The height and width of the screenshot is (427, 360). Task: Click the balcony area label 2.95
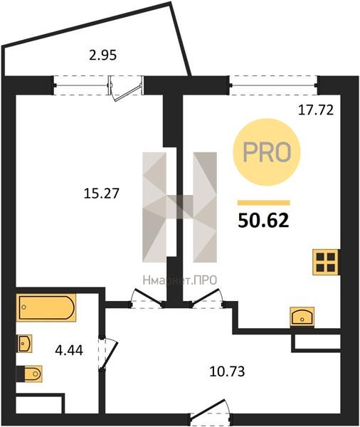tap(103, 56)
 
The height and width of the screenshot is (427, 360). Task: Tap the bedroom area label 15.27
tap(102, 194)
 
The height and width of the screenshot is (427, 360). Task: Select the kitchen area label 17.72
tap(316, 110)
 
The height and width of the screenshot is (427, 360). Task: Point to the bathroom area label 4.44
tap(69, 350)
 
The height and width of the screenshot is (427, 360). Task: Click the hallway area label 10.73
tap(227, 371)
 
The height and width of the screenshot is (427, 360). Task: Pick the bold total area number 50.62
tap(263, 221)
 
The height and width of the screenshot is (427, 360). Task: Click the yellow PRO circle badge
tap(266, 152)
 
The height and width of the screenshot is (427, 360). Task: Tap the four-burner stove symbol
tap(326, 262)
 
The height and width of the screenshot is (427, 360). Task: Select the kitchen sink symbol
tap(302, 316)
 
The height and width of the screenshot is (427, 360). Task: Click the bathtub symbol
tap(46, 307)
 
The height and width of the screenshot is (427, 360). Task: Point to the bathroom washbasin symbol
tap(24, 344)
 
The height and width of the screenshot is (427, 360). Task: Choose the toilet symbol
tap(29, 374)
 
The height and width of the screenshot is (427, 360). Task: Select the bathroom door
tap(107, 353)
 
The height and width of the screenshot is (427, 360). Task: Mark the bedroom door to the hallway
tap(147, 298)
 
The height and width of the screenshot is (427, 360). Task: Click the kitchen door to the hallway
tap(207, 298)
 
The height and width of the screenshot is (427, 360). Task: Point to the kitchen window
tap(273, 85)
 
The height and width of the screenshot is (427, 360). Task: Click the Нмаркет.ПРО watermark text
tap(180, 280)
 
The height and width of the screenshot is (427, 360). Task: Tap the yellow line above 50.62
tap(264, 203)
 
